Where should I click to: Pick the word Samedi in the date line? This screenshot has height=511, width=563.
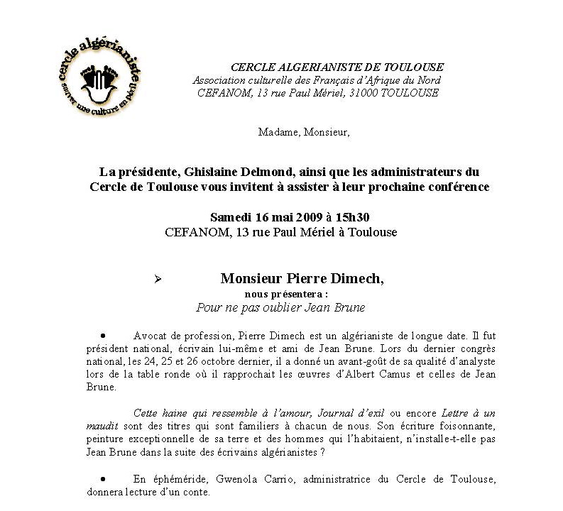coord(229,217)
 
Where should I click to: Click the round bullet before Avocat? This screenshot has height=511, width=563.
coord(104,333)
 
